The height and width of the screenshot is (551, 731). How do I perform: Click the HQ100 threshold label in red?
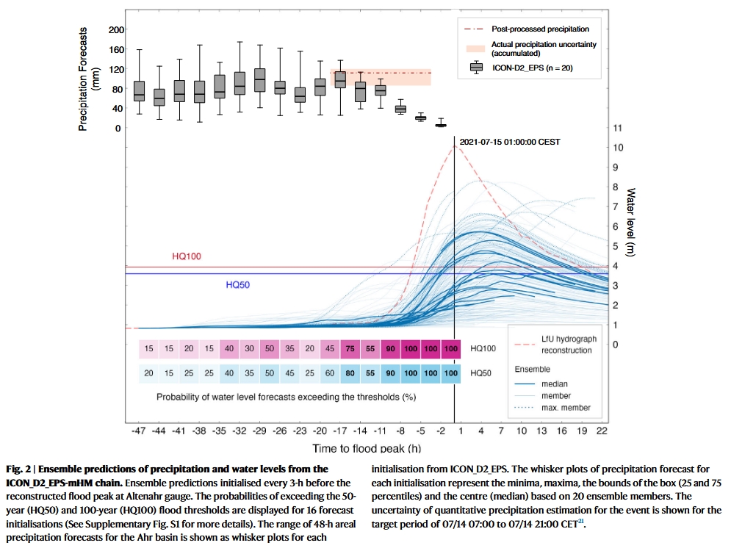pyautogui.click(x=187, y=256)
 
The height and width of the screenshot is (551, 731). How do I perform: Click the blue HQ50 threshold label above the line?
pyautogui.click(x=237, y=284)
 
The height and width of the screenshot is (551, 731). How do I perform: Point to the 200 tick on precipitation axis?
pyautogui.click(x=116, y=29)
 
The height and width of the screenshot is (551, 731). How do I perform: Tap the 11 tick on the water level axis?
pyautogui.click(x=618, y=128)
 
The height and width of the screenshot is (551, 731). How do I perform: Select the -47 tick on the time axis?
pyautogui.click(x=139, y=430)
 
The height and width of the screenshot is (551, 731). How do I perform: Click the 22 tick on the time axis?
pyautogui.click(x=600, y=430)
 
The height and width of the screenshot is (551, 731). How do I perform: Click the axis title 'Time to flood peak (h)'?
pyautogui.click(x=370, y=447)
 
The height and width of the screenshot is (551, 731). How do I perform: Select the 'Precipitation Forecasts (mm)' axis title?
pyautogui.click(x=88, y=79)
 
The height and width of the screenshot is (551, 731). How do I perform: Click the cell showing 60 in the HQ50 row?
pyautogui.click(x=330, y=373)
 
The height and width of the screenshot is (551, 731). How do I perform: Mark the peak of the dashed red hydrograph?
pyautogui.click(x=455, y=145)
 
